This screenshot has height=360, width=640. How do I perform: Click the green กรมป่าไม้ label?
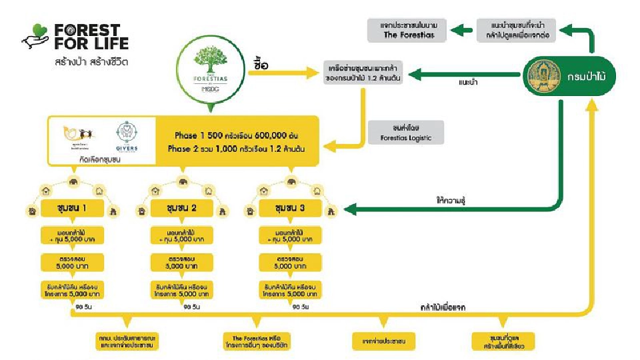pos(590,77)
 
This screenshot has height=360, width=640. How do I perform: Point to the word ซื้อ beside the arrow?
pos(261,65)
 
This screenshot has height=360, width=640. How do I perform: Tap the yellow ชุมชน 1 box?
pos(74,208)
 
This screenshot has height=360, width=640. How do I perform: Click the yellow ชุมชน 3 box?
pos(289,208)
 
